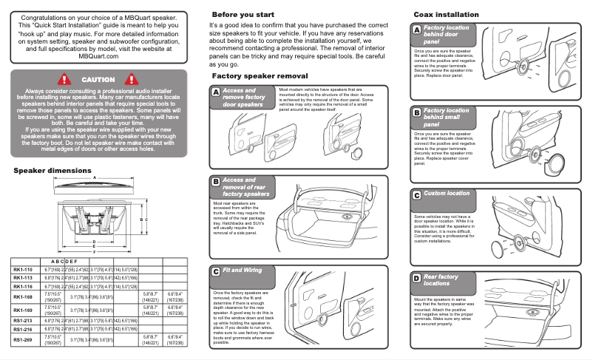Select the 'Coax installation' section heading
[x=446, y=14]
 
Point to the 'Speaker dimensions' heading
[x=53, y=170]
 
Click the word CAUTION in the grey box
[x=98, y=79]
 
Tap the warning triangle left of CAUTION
[x=64, y=78]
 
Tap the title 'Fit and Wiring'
[x=242, y=271]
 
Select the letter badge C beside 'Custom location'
[x=416, y=194]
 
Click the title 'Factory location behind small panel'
[x=446, y=117]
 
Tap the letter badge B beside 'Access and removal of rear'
[x=215, y=181]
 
